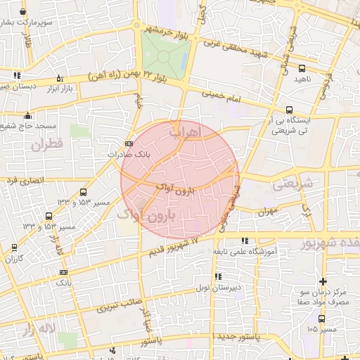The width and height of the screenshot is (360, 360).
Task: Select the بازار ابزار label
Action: [60, 89]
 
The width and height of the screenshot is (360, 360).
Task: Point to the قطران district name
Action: [46, 146]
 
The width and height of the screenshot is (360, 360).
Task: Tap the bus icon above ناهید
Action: [302, 68]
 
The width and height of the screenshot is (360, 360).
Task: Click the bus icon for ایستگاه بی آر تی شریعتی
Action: [289, 109]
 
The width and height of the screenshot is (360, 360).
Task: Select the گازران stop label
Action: [15, 259]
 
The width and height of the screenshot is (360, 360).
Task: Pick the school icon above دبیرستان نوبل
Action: [218, 276]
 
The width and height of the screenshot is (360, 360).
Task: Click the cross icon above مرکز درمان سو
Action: [323, 281]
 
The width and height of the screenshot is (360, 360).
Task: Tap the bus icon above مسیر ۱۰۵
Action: [323, 318]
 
